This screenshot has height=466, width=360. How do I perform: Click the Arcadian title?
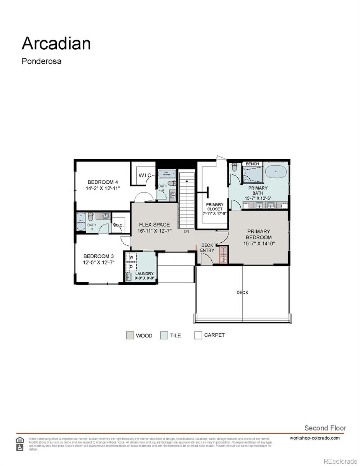click(x=56, y=43)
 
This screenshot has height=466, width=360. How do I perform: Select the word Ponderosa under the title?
click(x=41, y=61)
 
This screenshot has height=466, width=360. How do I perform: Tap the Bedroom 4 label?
click(x=103, y=182)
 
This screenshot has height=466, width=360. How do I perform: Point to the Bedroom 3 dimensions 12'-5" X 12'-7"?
click(x=99, y=263)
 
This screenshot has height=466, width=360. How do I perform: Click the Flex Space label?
click(x=154, y=225)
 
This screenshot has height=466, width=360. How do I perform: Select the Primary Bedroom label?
click(x=259, y=235)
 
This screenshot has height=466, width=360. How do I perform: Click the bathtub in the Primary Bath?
click(x=276, y=171)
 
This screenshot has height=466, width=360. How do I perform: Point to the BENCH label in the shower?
click(x=252, y=164)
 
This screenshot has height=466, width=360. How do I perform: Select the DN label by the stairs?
click(x=186, y=231)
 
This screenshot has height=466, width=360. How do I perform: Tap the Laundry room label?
click(x=144, y=274)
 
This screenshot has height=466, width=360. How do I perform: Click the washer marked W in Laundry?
click(x=131, y=257)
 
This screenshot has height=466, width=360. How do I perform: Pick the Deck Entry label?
click(x=207, y=248)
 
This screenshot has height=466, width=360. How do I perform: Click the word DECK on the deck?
click(x=242, y=292)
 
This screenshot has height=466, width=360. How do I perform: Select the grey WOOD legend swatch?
click(x=130, y=336)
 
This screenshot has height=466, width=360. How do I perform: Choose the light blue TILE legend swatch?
click(x=164, y=336)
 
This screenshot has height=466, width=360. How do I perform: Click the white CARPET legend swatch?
click(x=198, y=335)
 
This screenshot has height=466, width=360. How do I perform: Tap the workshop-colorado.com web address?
click(x=315, y=438)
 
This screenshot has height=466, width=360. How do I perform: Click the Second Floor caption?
click(x=325, y=428)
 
